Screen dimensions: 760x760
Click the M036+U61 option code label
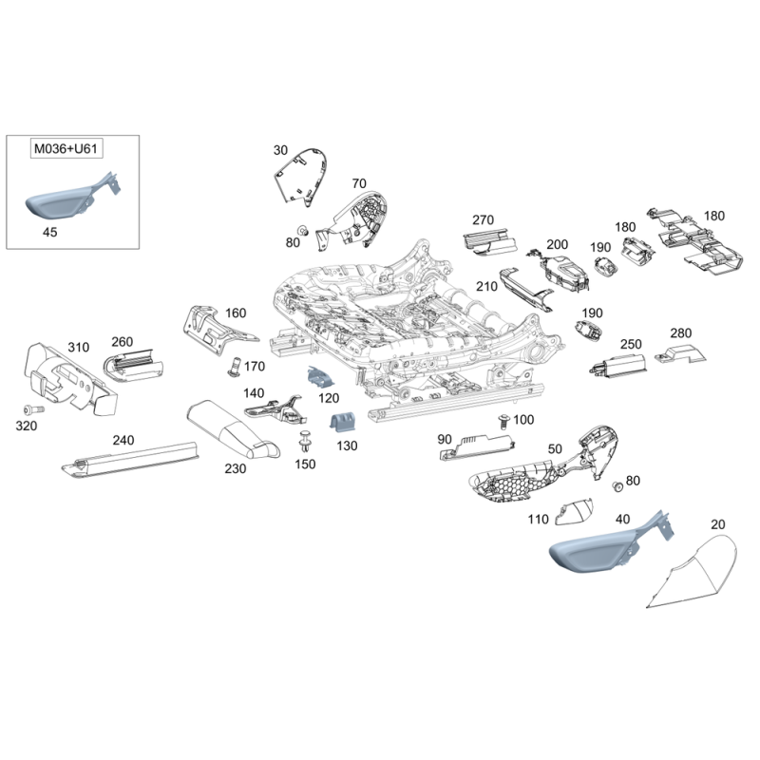click(x=66, y=148)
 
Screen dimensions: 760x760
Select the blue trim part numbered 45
click(x=73, y=199)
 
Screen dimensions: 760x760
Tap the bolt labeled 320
click(x=33, y=410)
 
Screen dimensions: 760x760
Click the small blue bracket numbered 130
click(x=343, y=422)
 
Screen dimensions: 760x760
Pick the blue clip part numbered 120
click(x=321, y=376)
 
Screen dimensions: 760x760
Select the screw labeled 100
click(x=504, y=421)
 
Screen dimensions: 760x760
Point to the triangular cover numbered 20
click(x=693, y=572)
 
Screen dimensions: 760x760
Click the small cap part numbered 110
click(x=575, y=511)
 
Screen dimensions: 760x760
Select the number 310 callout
click(x=79, y=347)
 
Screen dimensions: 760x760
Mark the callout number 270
click(x=483, y=220)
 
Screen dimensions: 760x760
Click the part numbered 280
click(x=680, y=354)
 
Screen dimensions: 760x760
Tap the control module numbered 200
click(x=562, y=272)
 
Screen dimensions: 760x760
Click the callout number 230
click(x=235, y=468)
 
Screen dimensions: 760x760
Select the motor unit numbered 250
click(x=618, y=364)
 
